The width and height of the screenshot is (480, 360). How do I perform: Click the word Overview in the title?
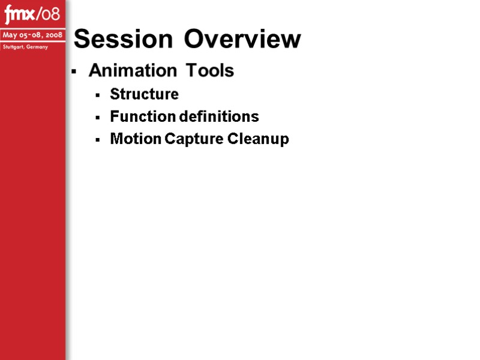click(242, 40)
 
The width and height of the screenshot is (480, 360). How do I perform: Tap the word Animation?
click(133, 71)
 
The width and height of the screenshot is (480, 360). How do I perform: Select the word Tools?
click(209, 71)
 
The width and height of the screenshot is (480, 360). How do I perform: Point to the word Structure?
click(144, 94)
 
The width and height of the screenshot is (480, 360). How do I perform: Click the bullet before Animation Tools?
click(74, 72)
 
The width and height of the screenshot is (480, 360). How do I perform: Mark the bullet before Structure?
click(97, 95)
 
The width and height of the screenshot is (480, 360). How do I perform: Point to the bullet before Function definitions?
click(97, 117)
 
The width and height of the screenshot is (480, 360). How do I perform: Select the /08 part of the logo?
click(49, 14)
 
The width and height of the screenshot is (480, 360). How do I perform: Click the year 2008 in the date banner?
click(52, 35)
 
